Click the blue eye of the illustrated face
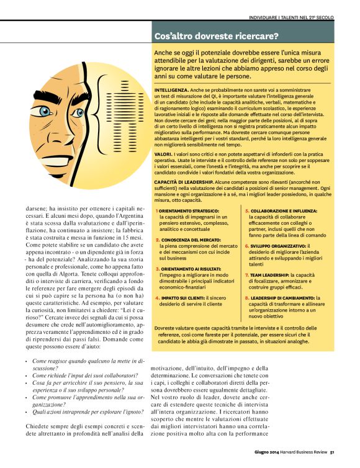tap(44, 111)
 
